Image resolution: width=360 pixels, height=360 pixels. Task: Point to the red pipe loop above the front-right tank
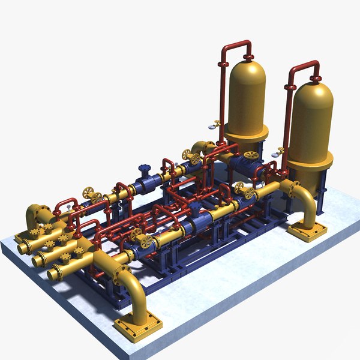pyautogui.click(x=303, y=66)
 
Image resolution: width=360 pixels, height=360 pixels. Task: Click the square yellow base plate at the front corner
pyautogui.click(x=138, y=328)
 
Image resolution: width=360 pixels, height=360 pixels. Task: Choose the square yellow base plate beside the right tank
pyautogui.click(x=307, y=229)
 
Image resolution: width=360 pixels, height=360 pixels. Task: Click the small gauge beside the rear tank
pyautogui.click(x=212, y=126)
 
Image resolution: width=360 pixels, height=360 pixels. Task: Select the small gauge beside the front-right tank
pyautogui.click(x=278, y=152)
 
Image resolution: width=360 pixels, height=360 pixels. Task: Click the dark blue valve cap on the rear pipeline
pyautogui.click(x=144, y=169)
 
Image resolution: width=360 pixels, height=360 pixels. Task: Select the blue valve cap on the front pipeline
pyautogui.click(x=147, y=241)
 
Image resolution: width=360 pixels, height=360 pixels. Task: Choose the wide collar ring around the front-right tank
pyautogui.click(x=310, y=159)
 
